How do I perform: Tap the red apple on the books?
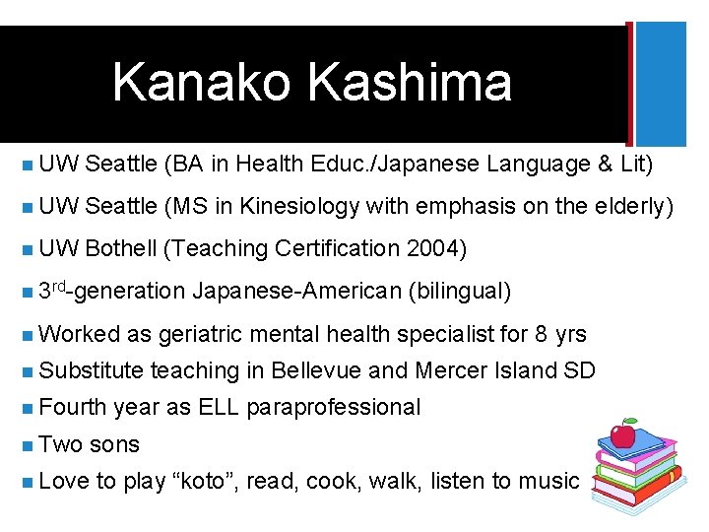pyautogui.click(x=621, y=434)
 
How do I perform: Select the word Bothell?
pyautogui.click(x=121, y=248)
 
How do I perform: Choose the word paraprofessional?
pyautogui.click(x=333, y=407)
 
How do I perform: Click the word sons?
pyautogui.click(x=114, y=444)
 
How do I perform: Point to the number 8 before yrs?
pyautogui.click(x=541, y=334)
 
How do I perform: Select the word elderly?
pyautogui.click(x=631, y=206)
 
